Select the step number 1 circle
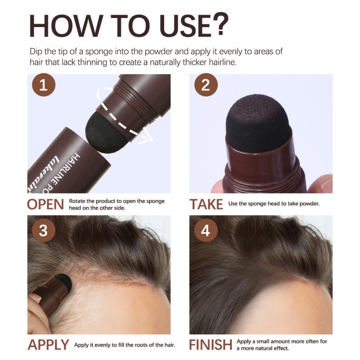(44, 85)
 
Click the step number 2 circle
(206, 85)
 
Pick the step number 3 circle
(44, 230)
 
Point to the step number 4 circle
(206, 230)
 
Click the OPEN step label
(45, 204)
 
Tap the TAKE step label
(206, 204)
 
